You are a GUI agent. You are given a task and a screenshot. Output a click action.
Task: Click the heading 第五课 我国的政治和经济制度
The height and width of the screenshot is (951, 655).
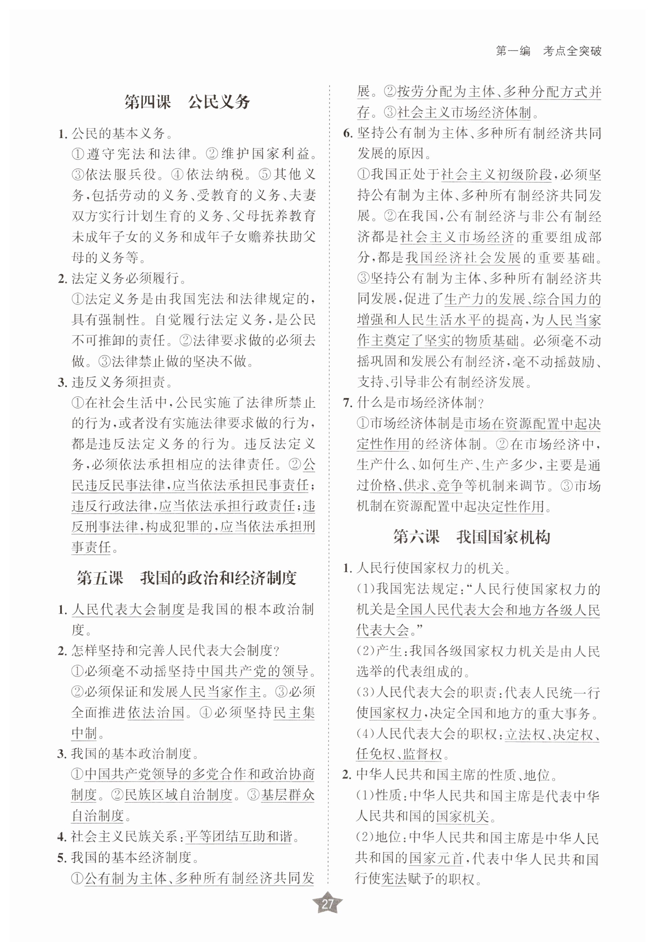tap(186, 578)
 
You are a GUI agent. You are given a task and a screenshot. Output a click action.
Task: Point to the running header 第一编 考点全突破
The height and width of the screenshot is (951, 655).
tap(548, 51)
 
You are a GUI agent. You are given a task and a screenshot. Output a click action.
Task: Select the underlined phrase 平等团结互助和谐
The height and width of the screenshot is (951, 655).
tap(239, 836)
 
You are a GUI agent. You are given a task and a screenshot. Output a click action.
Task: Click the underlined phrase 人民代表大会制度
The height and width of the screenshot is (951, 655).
tap(129, 609)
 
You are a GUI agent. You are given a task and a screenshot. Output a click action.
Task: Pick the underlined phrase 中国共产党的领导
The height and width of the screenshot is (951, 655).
tap(252, 671)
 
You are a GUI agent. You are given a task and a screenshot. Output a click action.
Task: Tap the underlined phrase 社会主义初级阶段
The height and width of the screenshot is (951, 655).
tap(496, 175)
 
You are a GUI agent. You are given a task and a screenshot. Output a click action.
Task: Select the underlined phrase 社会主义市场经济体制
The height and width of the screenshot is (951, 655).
tap(464, 113)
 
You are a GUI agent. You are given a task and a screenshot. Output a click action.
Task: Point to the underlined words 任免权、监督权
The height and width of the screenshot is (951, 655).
tap(399, 754)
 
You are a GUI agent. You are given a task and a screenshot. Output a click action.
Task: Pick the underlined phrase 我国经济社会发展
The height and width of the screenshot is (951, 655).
tap(463, 258)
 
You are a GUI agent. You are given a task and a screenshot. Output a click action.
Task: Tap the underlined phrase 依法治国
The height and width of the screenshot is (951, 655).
tap(156, 712)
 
